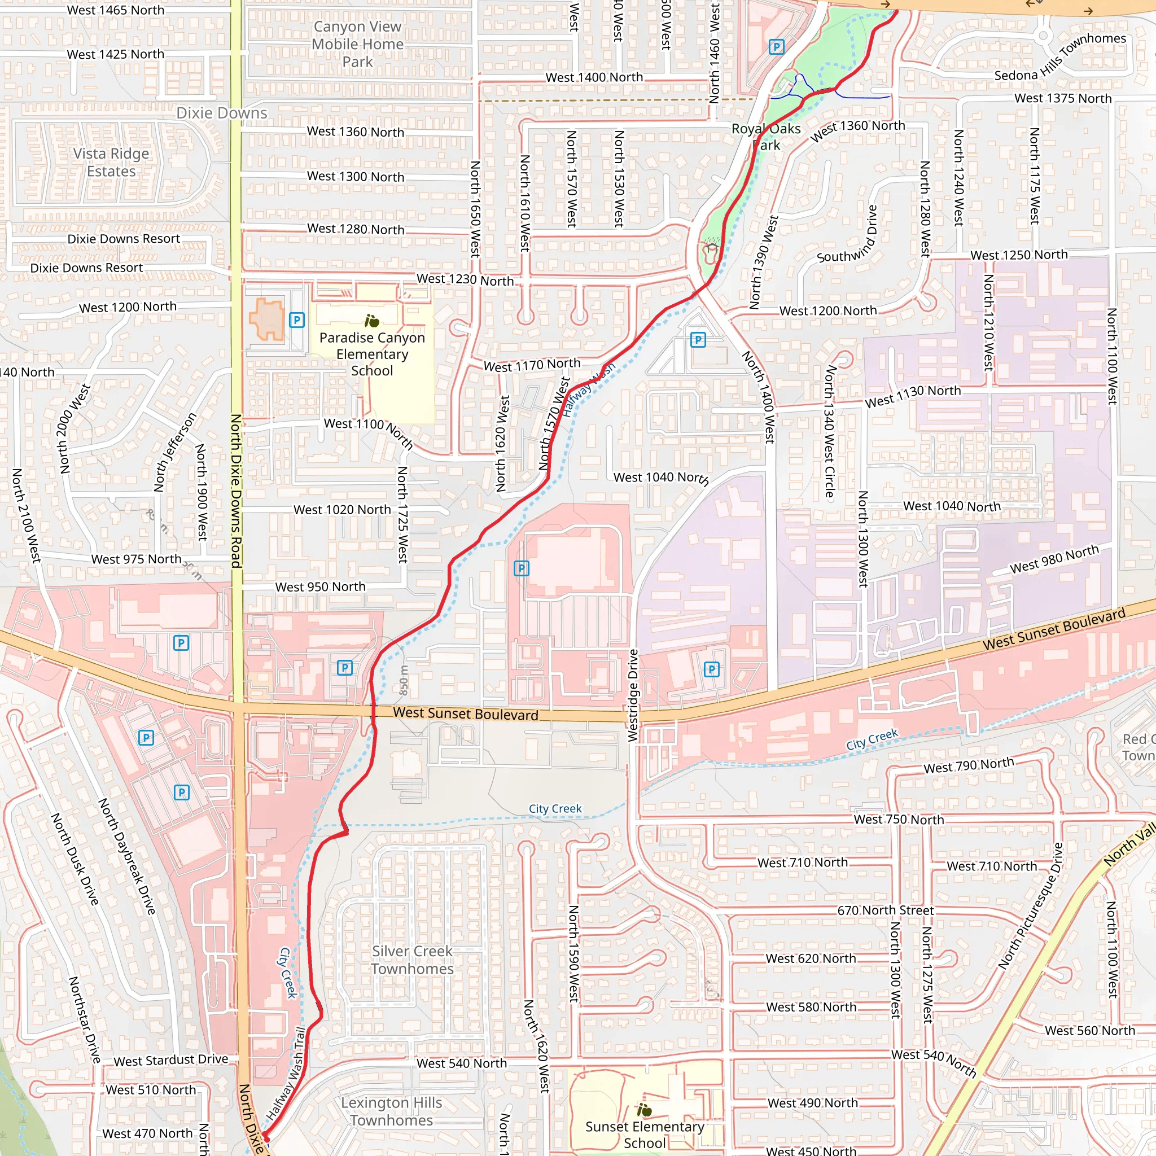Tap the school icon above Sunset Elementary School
tap(645, 1110)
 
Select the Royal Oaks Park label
tap(766, 137)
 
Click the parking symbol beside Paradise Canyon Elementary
tap(297, 319)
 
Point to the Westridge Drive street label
tap(633, 695)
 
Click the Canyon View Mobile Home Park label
tap(358, 43)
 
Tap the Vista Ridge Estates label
tap(111, 162)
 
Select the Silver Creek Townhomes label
tap(412, 960)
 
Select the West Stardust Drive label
tap(170, 1059)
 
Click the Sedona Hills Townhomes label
tap(1059, 58)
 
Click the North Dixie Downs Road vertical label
tap(237, 491)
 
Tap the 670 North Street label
tap(885, 910)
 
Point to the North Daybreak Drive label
tap(127, 856)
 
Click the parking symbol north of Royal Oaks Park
tap(776, 47)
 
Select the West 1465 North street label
tap(116, 10)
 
